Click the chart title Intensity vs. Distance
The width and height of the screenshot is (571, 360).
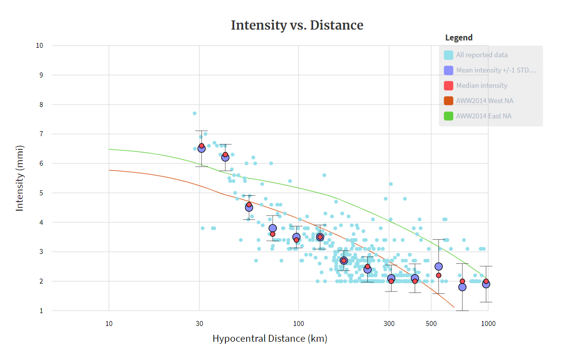click(x=297, y=25)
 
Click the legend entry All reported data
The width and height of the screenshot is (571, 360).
click(x=481, y=55)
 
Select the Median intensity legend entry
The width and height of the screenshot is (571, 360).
click(x=481, y=85)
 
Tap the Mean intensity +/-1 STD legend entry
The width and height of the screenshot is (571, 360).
click(x=496, y=70)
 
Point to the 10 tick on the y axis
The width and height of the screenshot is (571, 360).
click(x=39, y=45)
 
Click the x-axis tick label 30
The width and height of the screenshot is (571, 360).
click(x=199, y=324)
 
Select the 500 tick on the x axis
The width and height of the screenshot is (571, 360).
click(x=431, y=324)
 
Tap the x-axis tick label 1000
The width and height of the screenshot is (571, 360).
click(x=488, y=324)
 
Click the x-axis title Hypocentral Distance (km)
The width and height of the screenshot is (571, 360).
click(x=270, y=339)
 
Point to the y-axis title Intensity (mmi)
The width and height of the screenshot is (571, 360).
click(x=20, y=178)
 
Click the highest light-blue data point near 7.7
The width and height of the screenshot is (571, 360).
click(x=195, y=113)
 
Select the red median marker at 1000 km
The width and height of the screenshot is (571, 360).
click(x=486, y=281)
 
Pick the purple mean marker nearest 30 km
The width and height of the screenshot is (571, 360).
click(x=201, y=149)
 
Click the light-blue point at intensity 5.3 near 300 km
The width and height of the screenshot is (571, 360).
click(x=391, y=184)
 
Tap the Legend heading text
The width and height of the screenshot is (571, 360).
click(x=459, y=37)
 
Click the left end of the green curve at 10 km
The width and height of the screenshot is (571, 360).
click(x=109, y=149)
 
